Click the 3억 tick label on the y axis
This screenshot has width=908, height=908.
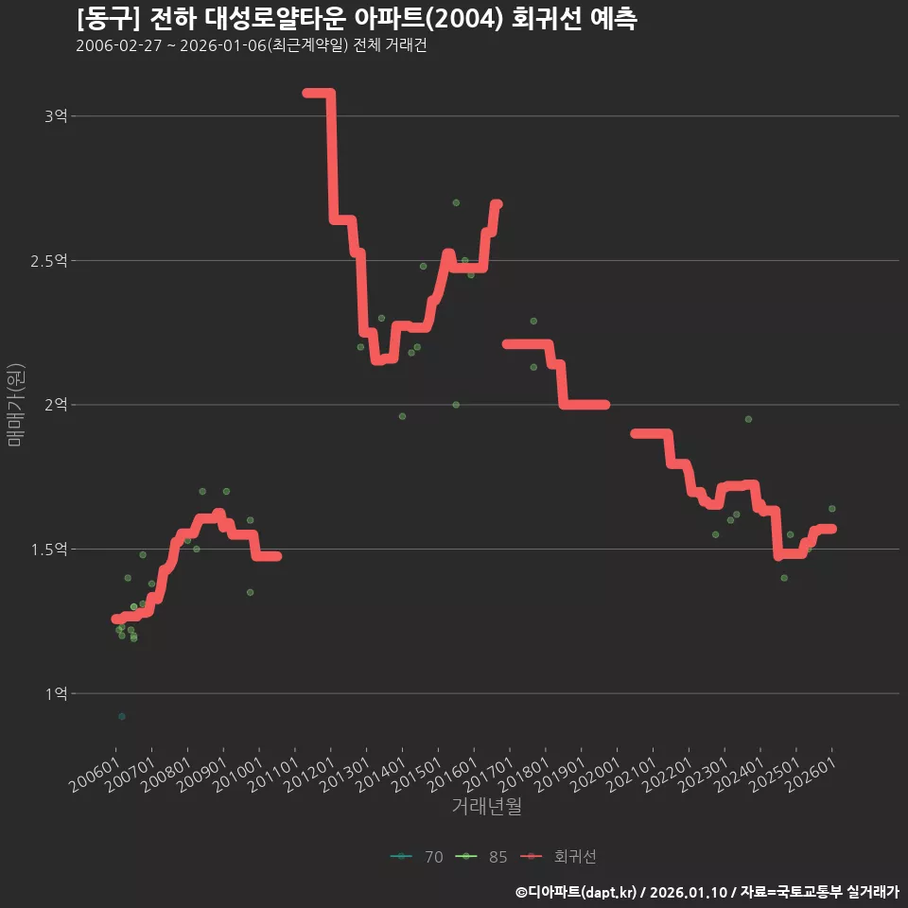(x=56, y=115)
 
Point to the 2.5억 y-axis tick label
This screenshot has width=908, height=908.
(x=48, y=261)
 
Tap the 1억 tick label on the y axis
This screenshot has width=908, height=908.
(x=56, y=693)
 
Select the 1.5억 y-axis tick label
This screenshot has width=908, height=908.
(x=48, y=549)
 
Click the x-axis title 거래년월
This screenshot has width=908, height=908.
(x=486, y=806)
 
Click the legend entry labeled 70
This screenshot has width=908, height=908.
(x=417, y=857)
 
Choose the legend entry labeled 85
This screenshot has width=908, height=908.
(x=481, y=857)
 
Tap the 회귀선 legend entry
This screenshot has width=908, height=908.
(x=558, y=857)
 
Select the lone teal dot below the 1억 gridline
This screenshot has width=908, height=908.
(x=122, y=716)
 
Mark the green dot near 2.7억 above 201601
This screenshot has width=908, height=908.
(x=456, y=202)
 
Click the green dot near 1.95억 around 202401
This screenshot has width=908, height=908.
(x=748, y=419)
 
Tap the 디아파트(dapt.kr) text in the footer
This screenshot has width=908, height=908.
(x=581, y=892)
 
